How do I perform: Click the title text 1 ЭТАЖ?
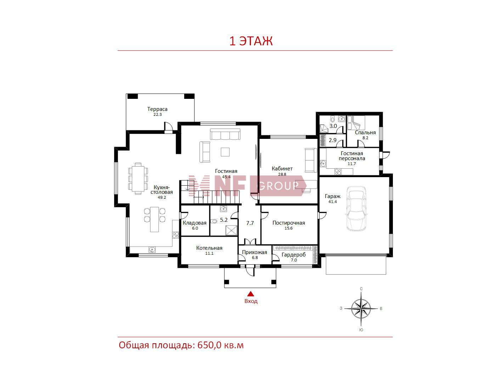(251, 41)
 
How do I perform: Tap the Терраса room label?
(157, 109)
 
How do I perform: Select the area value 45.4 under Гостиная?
(226, 177)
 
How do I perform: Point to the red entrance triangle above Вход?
(250, 294)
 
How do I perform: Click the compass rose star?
(361, 309)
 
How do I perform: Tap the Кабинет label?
(282, 169)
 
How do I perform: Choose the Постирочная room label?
(288, 223)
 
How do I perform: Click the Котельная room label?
(209, 248)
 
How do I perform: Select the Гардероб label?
(294, 255)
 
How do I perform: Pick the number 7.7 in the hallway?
(250, 223)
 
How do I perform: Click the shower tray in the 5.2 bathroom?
(231, 231)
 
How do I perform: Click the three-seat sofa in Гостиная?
(225, 134)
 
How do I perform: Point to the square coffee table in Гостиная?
(225, 152)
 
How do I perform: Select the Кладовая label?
(195, 223)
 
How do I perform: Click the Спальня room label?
(365, 133)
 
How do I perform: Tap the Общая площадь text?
(156, 345)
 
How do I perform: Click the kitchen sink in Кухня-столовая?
(152, 249)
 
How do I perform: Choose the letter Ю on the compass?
(361, 330)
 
